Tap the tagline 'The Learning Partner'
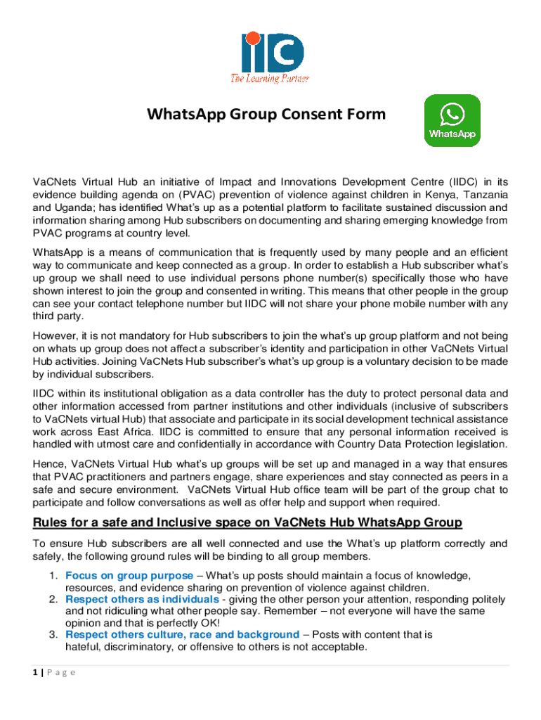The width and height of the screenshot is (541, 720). pos(270,78)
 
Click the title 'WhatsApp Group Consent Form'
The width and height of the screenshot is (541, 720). pos(266,114)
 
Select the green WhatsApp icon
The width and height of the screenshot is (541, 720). pos(452,120)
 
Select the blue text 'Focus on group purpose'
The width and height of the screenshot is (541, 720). pos(129,576)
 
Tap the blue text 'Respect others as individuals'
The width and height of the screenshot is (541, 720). pos(142,599)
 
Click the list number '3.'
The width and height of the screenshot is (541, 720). pos(53,634)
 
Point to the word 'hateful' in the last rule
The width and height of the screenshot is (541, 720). pos(83,647)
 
